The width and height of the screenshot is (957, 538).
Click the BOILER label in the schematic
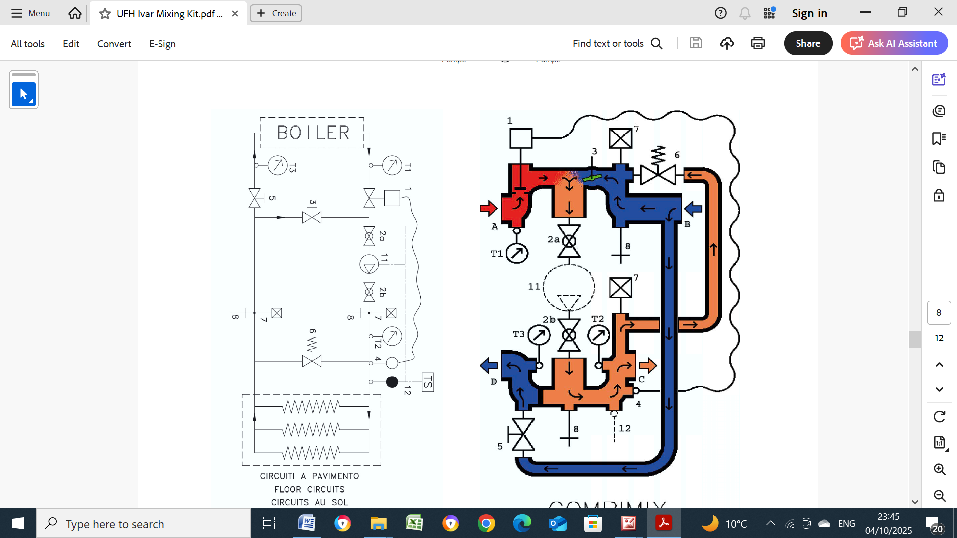[313, 133]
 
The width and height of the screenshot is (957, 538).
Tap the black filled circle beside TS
[392, 382]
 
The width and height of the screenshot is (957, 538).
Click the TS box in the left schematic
[428, 382]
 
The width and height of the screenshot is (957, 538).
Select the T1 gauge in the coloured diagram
[517, 253]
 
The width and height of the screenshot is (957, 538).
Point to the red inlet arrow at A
[488, 208]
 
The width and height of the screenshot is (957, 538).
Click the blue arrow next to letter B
[693, 209]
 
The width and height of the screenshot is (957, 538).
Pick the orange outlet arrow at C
[648, 366]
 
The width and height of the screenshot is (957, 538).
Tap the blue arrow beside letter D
[489, 365]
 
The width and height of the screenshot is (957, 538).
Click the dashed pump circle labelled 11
[569, 287]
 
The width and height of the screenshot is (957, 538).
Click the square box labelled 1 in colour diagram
[521, 138]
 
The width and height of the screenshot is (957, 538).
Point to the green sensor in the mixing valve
[592, 177]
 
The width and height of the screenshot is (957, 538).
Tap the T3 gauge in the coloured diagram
[539, 335]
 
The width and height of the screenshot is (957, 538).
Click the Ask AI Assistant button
[894, 43]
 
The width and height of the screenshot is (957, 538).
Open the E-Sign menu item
[162, 44]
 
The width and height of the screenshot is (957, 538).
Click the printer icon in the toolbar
[758, 43]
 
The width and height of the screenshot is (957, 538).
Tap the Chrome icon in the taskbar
[486, 524]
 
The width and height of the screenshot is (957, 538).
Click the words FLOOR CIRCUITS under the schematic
[309, 489]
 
